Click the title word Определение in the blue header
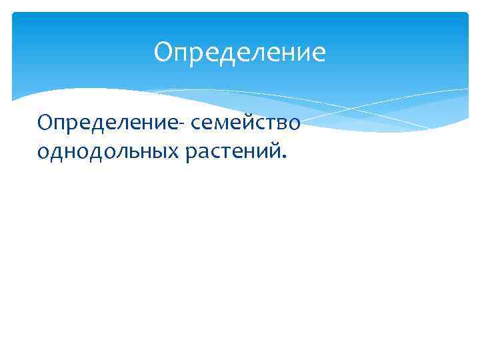click(239, 53)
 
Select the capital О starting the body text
click(45, 123)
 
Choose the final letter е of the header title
click(319, 53)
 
